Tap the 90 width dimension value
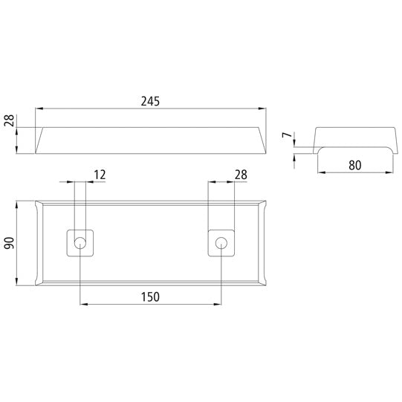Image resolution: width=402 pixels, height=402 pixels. point(10,243)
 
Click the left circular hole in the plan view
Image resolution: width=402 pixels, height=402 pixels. point(80,242)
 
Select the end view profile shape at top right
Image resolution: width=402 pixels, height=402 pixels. point(353,139)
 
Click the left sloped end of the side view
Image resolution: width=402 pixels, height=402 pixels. point(42,140)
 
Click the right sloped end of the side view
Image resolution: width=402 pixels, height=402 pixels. point(260,140)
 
